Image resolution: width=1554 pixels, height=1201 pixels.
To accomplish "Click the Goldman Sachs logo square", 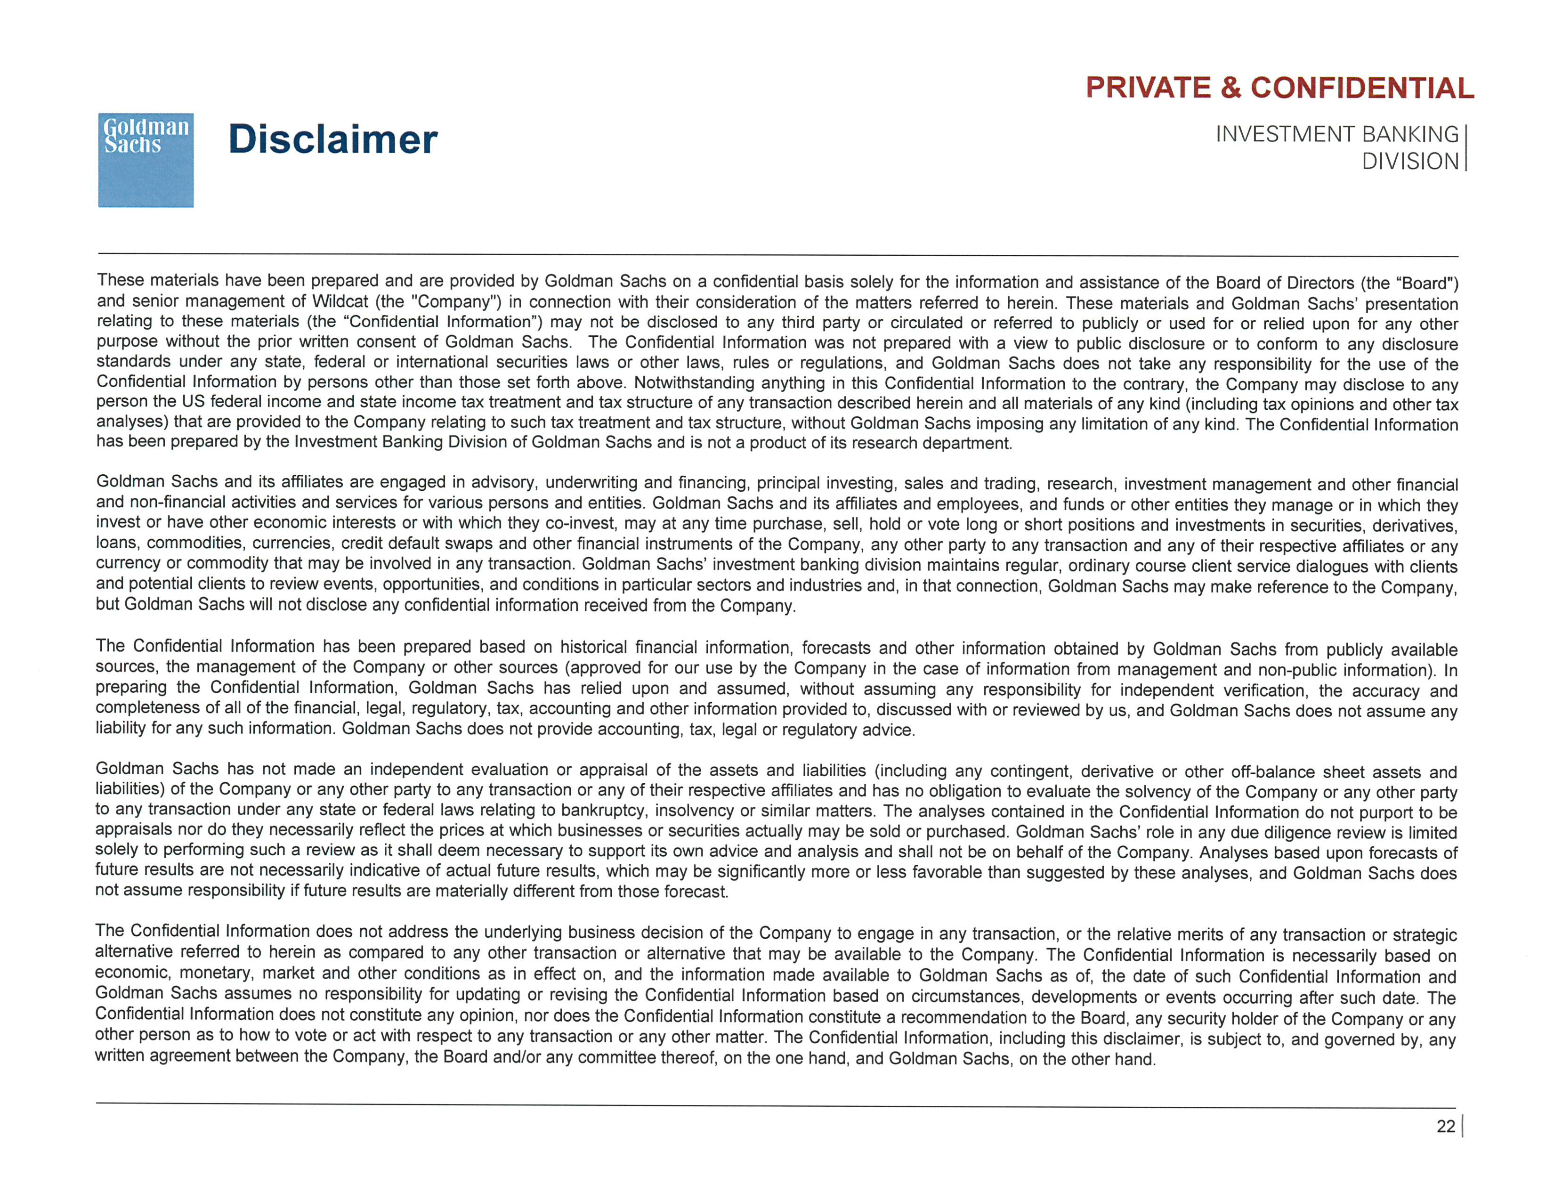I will pyautogui.click(x=146, y=160).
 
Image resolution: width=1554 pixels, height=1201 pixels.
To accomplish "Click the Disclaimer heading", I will pyautogui.click(x=332, y=139).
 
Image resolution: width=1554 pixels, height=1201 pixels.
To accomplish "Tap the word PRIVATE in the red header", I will pyautogui.click(x=1148, y=88).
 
